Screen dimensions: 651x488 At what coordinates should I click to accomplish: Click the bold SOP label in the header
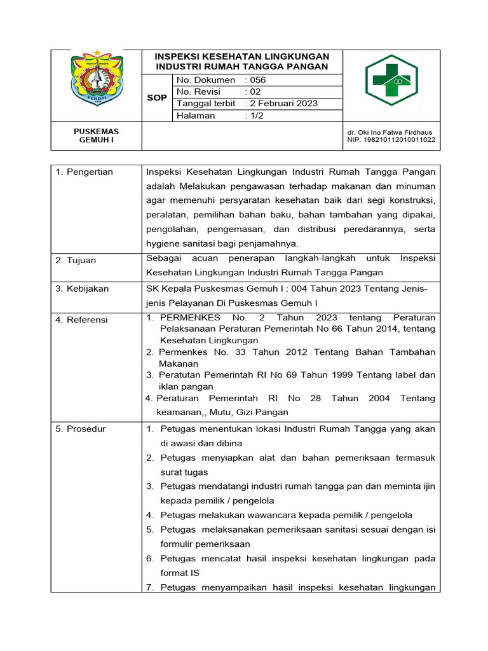coord(157,98)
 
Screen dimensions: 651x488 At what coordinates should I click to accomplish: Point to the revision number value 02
coord(254,92)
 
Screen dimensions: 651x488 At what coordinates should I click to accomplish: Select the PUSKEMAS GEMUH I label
coord(97,135)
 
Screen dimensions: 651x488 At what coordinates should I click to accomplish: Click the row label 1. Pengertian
coord(84,172)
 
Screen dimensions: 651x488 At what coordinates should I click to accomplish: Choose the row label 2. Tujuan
coord(76,260)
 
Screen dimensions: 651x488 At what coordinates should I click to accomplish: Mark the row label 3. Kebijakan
coord(82,289)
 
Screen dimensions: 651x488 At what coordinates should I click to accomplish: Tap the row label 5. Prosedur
coord(81,429)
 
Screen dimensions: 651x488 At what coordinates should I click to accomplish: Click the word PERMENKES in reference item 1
coord(190,317)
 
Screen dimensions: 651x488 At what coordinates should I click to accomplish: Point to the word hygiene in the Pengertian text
coord(164,244)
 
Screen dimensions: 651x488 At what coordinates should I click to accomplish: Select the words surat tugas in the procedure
coord(184,472)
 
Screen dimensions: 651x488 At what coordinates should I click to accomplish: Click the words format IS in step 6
coord(180,573)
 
